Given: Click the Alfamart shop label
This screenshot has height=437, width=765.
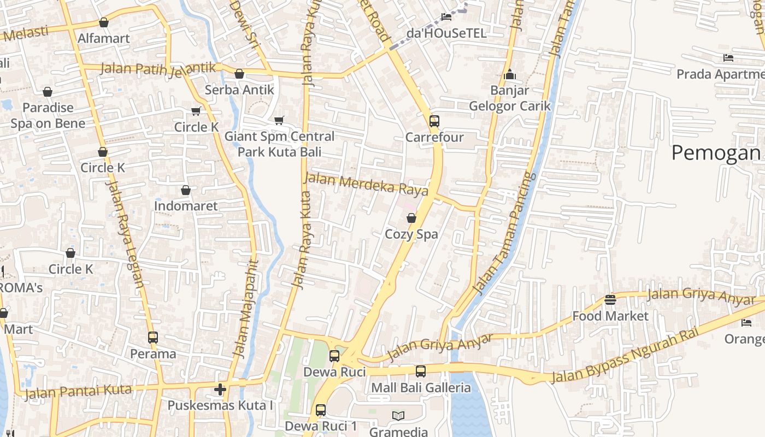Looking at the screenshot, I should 104,38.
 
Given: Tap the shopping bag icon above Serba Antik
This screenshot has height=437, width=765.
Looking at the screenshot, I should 239,74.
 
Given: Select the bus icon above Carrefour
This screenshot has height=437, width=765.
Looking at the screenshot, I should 434,121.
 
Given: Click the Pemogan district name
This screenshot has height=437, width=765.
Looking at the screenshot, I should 715,153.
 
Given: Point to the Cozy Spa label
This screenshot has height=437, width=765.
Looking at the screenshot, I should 411,234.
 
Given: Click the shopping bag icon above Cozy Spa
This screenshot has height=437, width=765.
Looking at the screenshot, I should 411,218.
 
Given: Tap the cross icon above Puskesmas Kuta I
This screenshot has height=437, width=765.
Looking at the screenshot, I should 220,389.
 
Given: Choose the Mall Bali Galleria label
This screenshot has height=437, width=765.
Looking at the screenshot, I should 421,388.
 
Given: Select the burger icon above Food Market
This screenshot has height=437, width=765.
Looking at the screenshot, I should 610,300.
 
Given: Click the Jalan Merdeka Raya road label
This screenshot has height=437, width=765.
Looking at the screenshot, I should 366,184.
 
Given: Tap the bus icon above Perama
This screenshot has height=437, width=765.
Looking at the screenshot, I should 153,338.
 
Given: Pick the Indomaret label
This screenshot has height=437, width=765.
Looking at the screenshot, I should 186,206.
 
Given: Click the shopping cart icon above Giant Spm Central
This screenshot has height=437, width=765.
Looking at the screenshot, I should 279,120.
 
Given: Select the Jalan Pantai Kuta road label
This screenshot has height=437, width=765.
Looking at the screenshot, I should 78,392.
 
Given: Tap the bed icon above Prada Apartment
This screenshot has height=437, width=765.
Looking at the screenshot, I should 728,57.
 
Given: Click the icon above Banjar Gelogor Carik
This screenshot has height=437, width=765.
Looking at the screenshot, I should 510,74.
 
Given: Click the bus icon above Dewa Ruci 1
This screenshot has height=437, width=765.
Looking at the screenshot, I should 321,410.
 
